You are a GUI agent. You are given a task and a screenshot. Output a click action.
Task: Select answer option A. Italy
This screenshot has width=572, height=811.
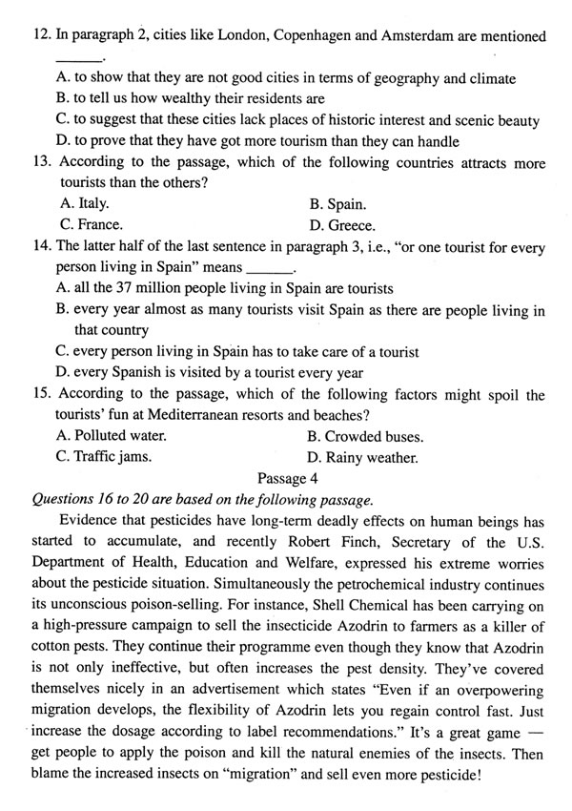pyautogui.click(x=84, y=203)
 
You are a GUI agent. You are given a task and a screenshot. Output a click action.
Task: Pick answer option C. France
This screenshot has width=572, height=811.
pyautogui.click(x=91, y=225)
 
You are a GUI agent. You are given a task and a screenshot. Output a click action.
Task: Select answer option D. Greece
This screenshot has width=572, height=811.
pyautogui.click(x=342, y=226)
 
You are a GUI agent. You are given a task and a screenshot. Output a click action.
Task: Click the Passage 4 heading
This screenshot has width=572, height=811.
pyautogui.click(x=286, y=478)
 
